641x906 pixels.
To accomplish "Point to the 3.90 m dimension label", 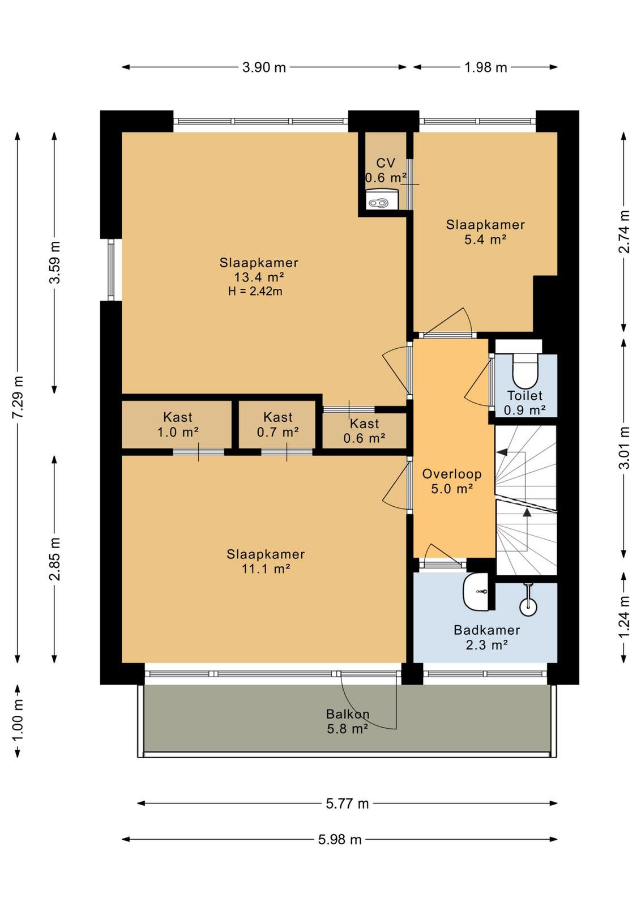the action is [264, 67].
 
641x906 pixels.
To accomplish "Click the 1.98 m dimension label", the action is [485, 67].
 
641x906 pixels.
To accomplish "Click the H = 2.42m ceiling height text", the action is [255, 291].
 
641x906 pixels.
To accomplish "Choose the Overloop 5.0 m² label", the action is [452, 481].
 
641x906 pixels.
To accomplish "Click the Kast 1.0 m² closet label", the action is [178, 425].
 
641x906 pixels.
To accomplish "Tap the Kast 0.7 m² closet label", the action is [278, 425].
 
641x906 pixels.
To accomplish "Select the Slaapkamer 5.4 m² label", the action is [485, 232].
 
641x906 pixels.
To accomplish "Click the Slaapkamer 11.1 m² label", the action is [266, 561].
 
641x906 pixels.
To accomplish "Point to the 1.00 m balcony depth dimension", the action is [18, 721].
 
